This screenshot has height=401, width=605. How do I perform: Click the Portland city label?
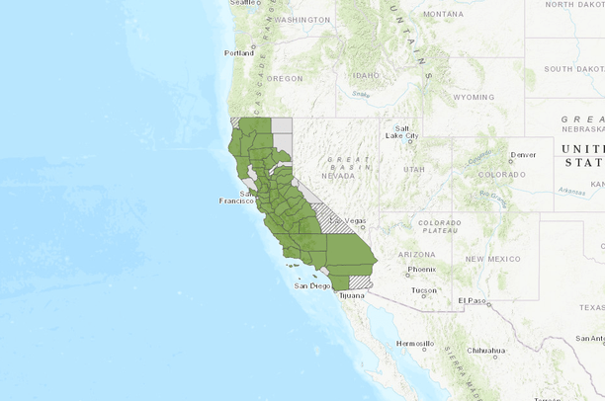tap(239, 52)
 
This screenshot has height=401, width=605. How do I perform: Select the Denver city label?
tap(523, 154)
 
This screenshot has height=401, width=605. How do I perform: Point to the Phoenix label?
tap(421, 269)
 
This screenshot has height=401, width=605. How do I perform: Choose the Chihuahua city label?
tap(486, 351)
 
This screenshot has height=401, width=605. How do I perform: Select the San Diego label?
tap(311, 286)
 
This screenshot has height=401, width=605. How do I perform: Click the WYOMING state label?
tap(474, 98)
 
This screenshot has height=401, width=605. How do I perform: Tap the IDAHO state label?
tap(365, 75)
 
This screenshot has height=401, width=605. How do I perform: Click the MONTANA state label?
tap(442, 14)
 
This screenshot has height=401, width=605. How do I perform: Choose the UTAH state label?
tap(413, 170)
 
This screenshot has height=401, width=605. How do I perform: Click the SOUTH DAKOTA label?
tap(573, 69)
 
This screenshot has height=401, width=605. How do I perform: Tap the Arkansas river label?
tap(571, 192)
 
